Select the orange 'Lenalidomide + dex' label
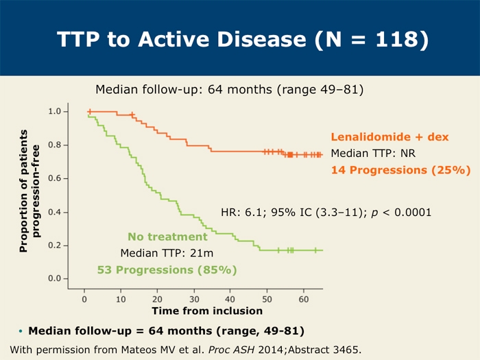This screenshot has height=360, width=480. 389,137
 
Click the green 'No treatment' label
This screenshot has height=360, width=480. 168,237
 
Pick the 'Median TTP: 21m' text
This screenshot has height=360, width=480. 167,253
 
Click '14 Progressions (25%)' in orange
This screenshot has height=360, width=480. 400,169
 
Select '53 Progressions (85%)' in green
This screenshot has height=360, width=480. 167,269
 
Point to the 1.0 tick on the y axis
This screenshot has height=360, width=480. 58,111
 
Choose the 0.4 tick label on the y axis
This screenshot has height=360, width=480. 58,212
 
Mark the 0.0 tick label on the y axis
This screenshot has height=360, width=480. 58,278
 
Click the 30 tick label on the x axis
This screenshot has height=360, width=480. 194,299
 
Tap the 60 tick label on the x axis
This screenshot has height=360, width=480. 303,299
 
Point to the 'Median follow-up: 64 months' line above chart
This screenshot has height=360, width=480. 229,89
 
